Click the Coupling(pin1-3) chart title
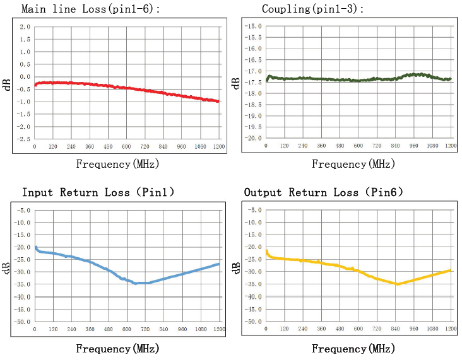(313, 9)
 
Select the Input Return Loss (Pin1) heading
(98, 192)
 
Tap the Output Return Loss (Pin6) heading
(323, 192)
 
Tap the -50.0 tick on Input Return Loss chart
(23, 322)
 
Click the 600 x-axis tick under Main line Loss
(126, 146)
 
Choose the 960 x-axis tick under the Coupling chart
(414, 146)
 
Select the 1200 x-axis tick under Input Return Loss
(219, 329)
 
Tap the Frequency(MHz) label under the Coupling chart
(353, 164)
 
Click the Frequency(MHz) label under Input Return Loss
(117, 348)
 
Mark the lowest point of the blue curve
(135, 283)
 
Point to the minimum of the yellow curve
(398, 284)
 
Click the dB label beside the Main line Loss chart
(8, 84)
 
